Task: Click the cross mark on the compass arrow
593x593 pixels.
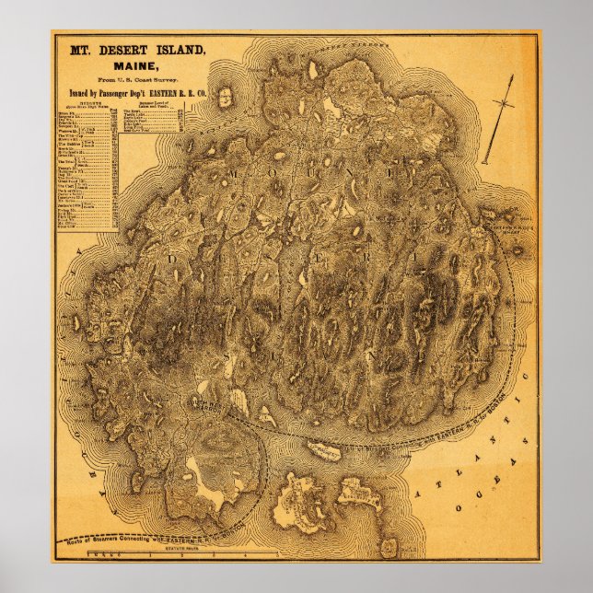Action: (x=505, y=101)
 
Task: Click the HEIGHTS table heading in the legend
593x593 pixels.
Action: (x=77, y=104)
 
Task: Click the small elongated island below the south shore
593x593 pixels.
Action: (x=324, y=451)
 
